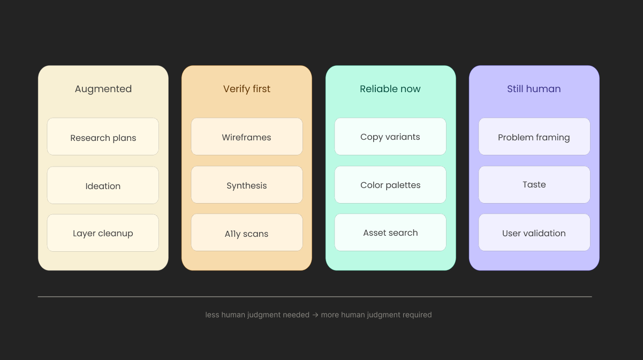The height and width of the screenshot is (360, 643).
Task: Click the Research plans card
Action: coord(103,137)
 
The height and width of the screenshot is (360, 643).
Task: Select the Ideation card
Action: coord(103,185)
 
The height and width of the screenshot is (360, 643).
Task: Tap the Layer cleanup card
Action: coord(103,232)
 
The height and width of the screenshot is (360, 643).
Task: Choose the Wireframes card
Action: coord(247,137)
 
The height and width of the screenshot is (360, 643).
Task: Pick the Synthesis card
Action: coord(247,185)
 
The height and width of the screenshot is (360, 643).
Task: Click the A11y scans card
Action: coord(247,232)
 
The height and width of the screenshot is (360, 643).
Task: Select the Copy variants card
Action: coord(390,137)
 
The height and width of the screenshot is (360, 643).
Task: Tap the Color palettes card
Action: coord(390,185)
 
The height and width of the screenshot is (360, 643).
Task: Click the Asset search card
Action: coord(390,232)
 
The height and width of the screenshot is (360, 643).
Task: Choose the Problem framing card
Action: coord(534,137)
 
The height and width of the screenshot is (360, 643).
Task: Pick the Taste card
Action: coord(534,185)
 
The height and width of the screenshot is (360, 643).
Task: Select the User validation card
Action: coord(534,232)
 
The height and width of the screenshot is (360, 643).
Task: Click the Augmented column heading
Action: coord(103,89)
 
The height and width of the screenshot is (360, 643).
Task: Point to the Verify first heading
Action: coord(247,89)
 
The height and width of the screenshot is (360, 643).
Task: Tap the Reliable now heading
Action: coord(390,89)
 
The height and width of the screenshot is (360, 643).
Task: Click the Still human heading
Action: coord(534,89)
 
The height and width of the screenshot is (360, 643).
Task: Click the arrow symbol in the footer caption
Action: coord(315,315)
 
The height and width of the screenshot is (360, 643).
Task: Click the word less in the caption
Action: coord(213,315)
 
